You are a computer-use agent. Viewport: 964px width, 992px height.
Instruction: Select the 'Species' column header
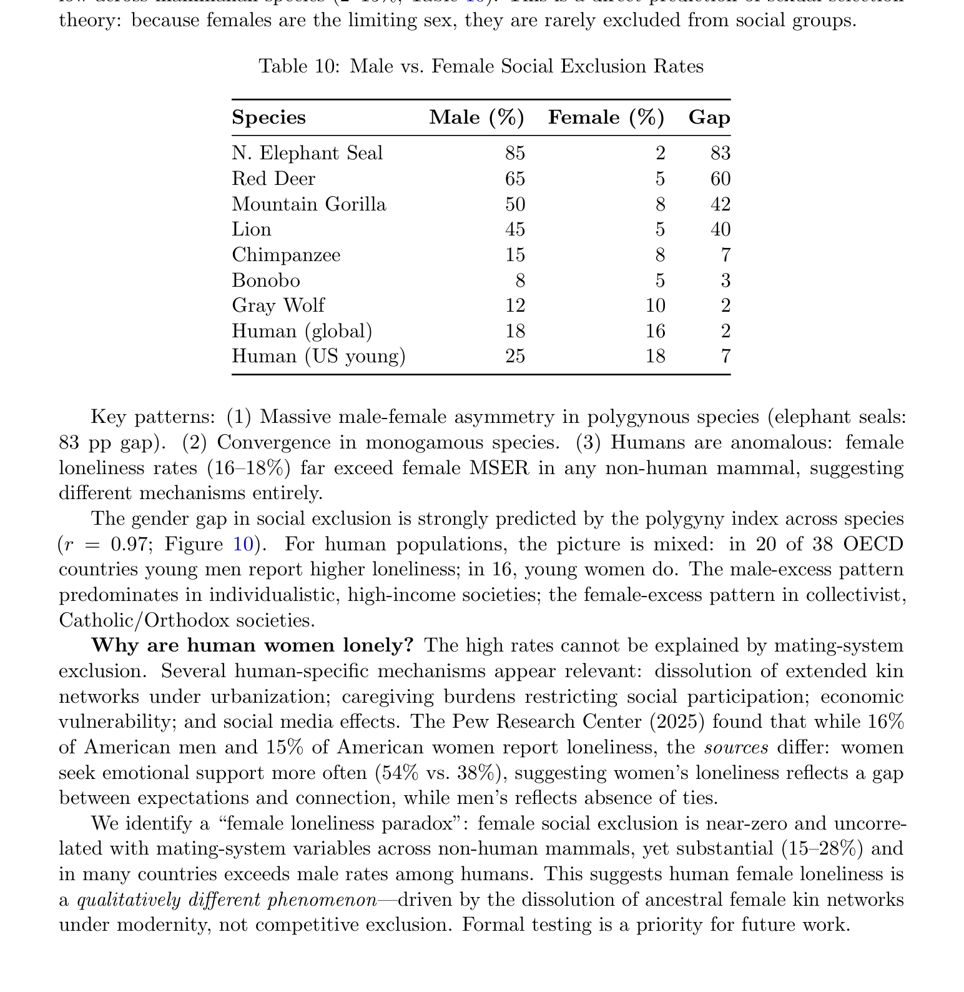tap(268, 117)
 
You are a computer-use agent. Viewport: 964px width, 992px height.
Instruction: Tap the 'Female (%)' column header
tap(606, 117)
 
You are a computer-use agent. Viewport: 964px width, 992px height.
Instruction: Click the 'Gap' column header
tap(709, 117)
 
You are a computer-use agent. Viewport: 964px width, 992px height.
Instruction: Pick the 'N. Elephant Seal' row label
tap(307, 153)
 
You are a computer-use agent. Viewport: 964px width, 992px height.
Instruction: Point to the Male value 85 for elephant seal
tap(515, 153)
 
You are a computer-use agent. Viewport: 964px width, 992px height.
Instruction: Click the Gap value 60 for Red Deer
tap(721, 179)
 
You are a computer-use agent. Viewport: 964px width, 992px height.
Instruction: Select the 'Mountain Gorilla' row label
tap(309, 204)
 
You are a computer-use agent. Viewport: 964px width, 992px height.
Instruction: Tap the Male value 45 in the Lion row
tap(515, 229)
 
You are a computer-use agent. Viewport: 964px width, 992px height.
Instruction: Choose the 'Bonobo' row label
tap(266, 280)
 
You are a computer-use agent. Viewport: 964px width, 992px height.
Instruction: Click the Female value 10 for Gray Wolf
tap(655, 305)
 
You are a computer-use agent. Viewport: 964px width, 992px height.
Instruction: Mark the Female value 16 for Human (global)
tap(655, 331)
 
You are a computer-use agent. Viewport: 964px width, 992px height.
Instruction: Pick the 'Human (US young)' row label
tap(318, 356)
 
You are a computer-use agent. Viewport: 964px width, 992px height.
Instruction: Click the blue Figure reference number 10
tap(243, 544)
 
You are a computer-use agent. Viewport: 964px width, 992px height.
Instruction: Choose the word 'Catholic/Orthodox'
tap(142, 620)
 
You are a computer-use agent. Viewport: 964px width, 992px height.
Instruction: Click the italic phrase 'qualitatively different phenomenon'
tap(226, 900)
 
